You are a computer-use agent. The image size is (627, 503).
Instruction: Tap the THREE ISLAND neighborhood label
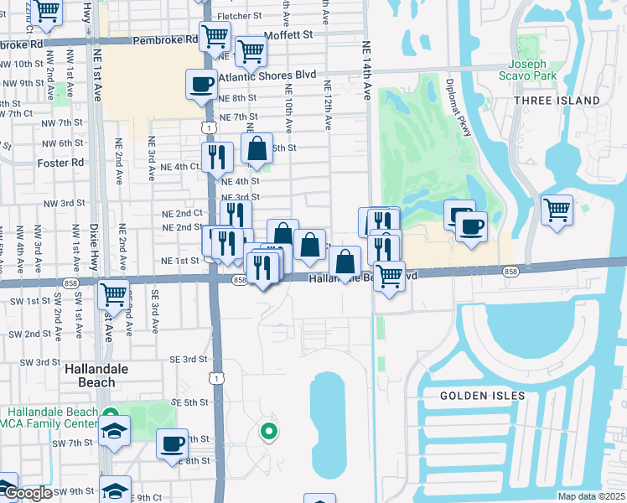point(557,101)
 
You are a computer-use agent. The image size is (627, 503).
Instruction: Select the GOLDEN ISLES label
point(483,395)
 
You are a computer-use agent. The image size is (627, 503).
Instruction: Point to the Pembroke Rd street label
point(176,39)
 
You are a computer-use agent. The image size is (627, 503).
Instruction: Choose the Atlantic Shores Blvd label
point(267,75)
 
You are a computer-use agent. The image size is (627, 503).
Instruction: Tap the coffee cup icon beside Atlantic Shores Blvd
point(201,84)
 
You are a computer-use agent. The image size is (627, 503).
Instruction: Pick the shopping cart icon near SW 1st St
point(113,294)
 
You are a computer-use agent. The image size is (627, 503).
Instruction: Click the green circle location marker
point(268,433)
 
